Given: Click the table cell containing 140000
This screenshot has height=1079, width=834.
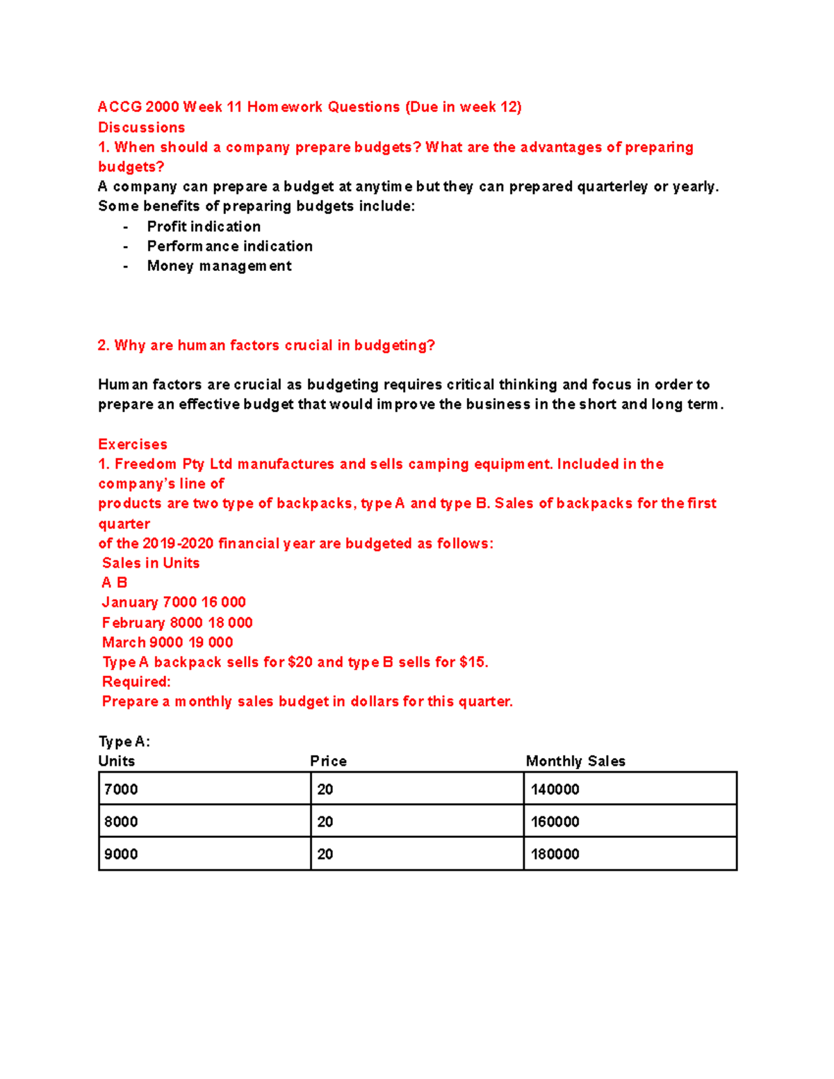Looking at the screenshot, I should [630, 789].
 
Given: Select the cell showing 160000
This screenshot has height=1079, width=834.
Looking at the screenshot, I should [630, 821].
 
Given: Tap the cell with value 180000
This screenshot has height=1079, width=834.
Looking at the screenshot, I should [630, 854].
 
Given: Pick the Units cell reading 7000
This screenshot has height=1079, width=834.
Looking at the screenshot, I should [204, 789].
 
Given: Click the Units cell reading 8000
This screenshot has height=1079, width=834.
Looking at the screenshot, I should [204, 821].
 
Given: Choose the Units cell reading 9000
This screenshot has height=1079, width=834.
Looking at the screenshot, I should [204, 854].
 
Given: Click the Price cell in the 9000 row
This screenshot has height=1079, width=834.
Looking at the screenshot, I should [416, 854].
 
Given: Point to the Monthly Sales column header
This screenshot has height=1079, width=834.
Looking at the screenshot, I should [575, 761].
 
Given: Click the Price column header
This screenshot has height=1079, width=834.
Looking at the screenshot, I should [328, 761].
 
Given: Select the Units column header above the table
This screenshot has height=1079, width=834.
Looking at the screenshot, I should [117, 761].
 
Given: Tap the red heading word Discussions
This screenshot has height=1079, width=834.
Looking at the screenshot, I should [142, 127].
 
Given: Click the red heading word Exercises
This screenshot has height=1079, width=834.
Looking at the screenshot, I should [133, 444].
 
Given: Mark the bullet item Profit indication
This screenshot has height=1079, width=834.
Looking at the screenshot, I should [204, 226].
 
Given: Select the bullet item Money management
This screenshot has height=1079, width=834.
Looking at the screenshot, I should [219, 266].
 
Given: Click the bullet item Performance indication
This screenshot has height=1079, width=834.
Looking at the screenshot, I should [229, 246].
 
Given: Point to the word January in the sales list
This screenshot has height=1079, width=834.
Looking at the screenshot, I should [130, 602].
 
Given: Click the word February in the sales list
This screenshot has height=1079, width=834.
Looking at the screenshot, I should [133, 623].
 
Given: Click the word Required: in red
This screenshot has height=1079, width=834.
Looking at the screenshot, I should [136, 682].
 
